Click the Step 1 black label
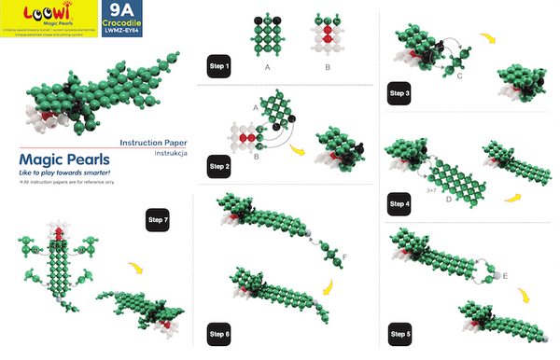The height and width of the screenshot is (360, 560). (219, 67)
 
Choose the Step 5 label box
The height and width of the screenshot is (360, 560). (400, 333)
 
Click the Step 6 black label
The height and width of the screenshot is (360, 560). (219, 333)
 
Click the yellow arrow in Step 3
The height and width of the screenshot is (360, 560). (487, 39)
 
